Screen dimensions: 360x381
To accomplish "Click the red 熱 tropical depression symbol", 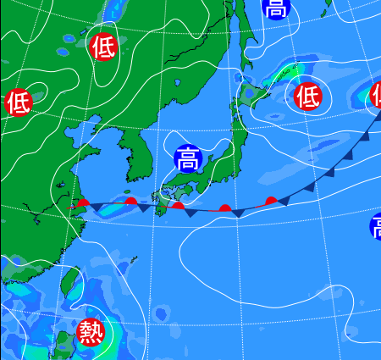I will tap(90, 332).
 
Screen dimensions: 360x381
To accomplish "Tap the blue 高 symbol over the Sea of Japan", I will tap(187, 158).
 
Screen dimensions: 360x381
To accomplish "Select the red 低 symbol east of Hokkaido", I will tap(307, 97).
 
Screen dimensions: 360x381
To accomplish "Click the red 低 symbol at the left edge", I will tap(18, 102).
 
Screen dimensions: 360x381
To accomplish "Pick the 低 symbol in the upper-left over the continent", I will tap(103, 46).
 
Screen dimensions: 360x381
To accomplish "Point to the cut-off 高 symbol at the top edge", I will tap(275, 8).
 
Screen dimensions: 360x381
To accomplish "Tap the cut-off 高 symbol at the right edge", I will tap(375, 226).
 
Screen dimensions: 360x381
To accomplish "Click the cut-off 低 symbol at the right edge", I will tap(376, 96).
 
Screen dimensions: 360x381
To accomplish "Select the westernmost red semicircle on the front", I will tap(82, 203).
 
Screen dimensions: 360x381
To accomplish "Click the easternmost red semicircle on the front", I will tap(271, 201).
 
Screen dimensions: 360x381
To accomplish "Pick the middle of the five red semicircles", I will tap(178, 204).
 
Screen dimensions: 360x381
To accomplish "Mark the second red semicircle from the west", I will tap(130, 201).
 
